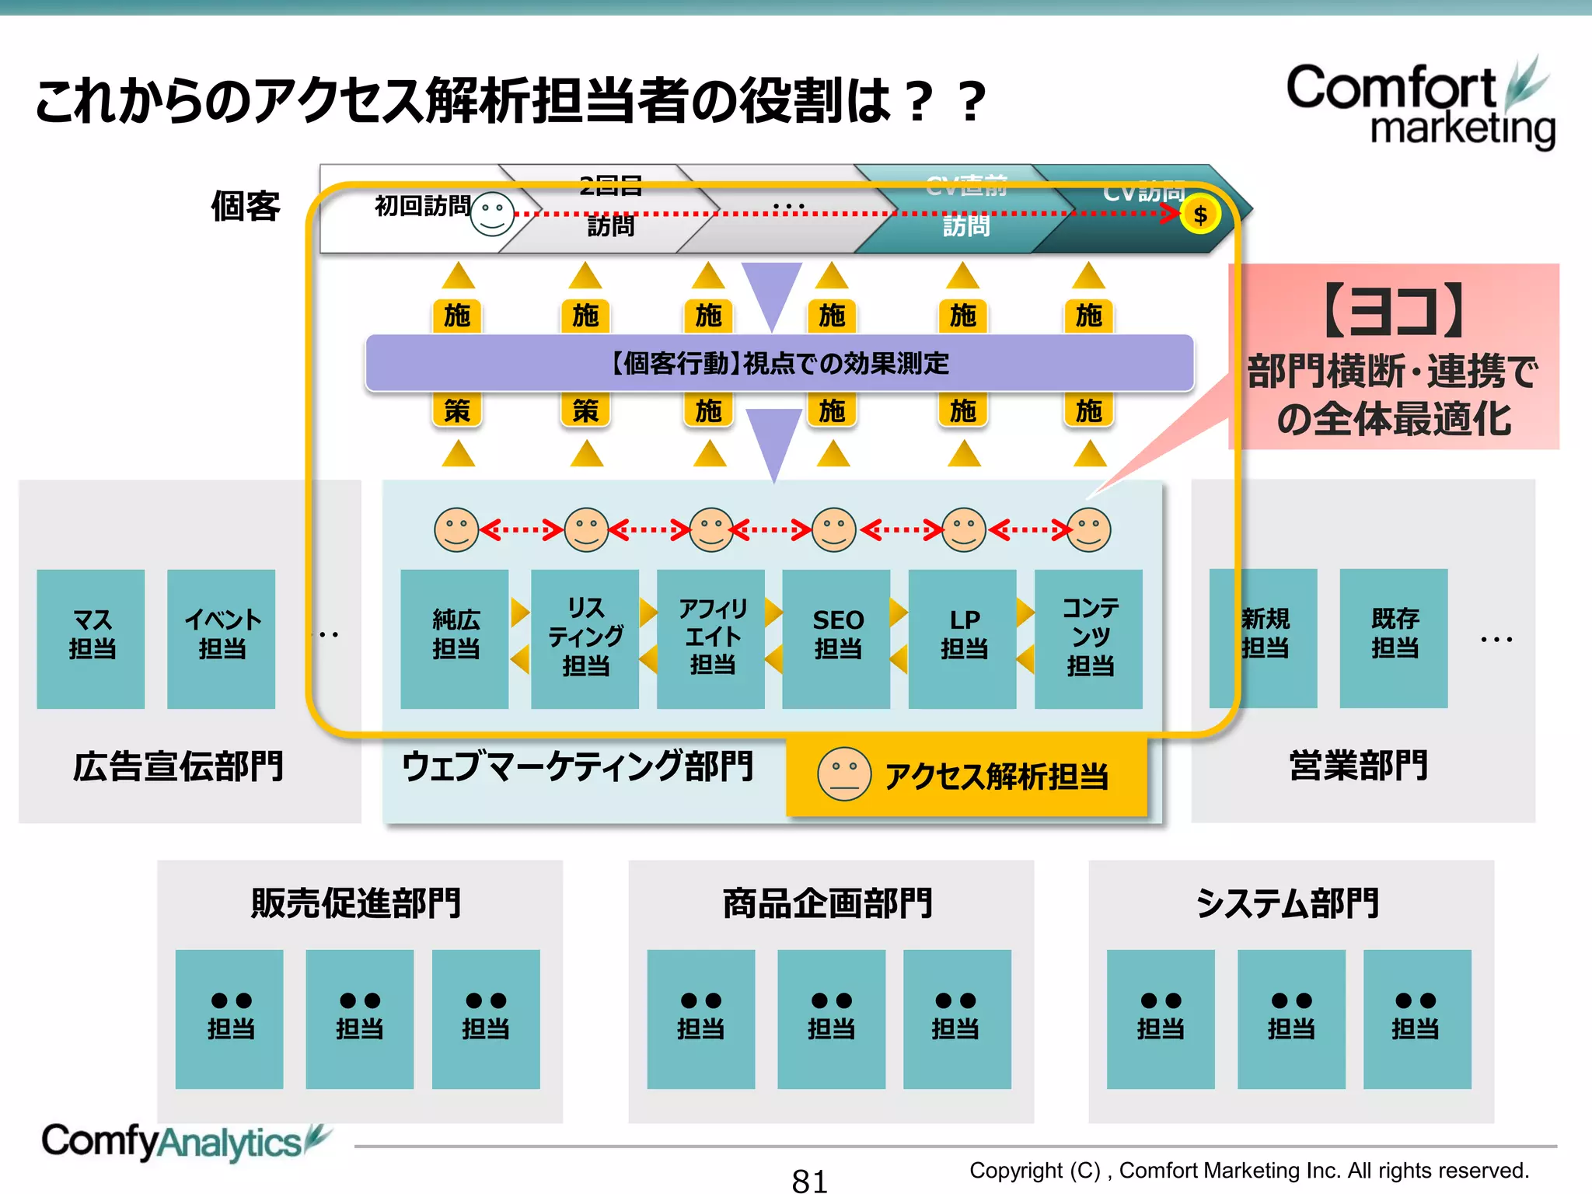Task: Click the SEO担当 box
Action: [x=836, y=638]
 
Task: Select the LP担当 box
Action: [x=962, y=638]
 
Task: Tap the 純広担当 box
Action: [x=455, y=638]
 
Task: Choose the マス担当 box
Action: [x=91, y=638]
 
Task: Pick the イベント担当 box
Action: [x=222, y=638]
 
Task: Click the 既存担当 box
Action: [x=1394, y=638]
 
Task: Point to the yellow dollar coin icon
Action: [x=1200, y=215]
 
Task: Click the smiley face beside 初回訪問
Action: [x=492, y=214]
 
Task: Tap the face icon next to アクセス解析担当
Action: [x=843, y=774]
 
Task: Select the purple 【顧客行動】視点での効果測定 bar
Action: [x=780, y=363]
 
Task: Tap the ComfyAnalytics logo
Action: [x=183, y=1142]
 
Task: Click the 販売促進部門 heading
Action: [x=356, y=903]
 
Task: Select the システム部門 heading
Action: [x=1287, y=903]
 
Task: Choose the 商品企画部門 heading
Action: [x=828, y=903]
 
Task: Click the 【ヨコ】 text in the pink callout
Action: [x=1394, y=311]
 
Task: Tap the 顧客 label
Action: [x=246, y=207]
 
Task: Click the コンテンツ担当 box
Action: [x=1089, y=638]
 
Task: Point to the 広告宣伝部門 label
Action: [x=178, y=766]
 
